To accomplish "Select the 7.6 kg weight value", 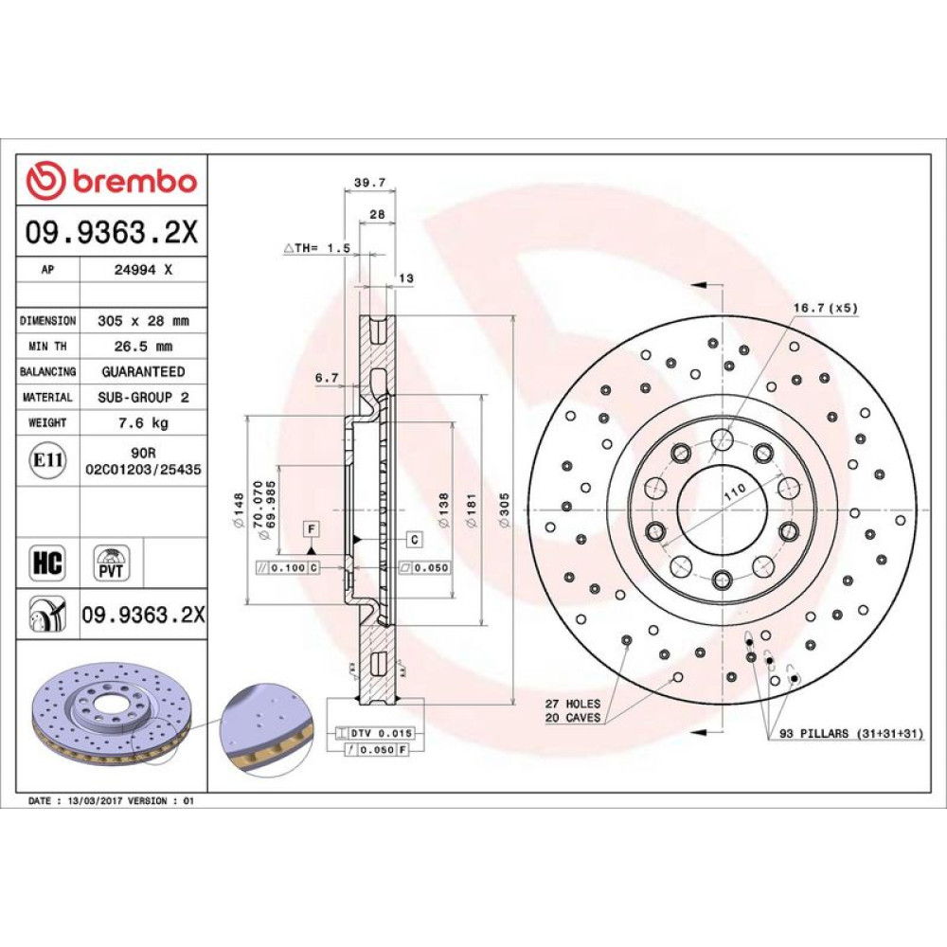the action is pos(143,422).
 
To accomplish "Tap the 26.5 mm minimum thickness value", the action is pos(143,346).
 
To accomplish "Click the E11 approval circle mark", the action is pos(47,460).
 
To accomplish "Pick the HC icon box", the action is pos(47,563).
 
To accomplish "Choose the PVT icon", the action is pos(111,563).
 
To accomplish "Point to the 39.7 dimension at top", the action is pos(369,182).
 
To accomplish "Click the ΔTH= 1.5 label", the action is pos(317,247).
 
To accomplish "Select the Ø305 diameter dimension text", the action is pos(505,509).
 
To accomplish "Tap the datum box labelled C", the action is pos(415,540).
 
